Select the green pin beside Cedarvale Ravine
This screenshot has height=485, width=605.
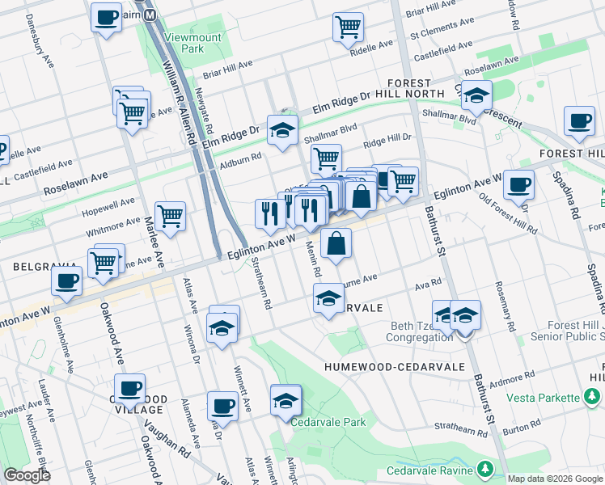click(x=485, y=470)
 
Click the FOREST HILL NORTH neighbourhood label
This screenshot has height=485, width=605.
click(x=416, y=88)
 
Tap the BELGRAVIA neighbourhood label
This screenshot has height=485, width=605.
click(x=37, y=265)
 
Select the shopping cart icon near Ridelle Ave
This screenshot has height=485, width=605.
click(x=348, y=27)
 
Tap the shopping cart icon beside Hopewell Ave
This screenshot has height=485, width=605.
click(x=170, y=216)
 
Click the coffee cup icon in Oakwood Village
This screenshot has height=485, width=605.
click(x=129, y=388)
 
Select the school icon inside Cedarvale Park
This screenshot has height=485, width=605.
click(x=286, y=400)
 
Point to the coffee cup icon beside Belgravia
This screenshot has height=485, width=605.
click(x=66, y=281)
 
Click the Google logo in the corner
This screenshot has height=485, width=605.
click(x=26, y=475)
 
